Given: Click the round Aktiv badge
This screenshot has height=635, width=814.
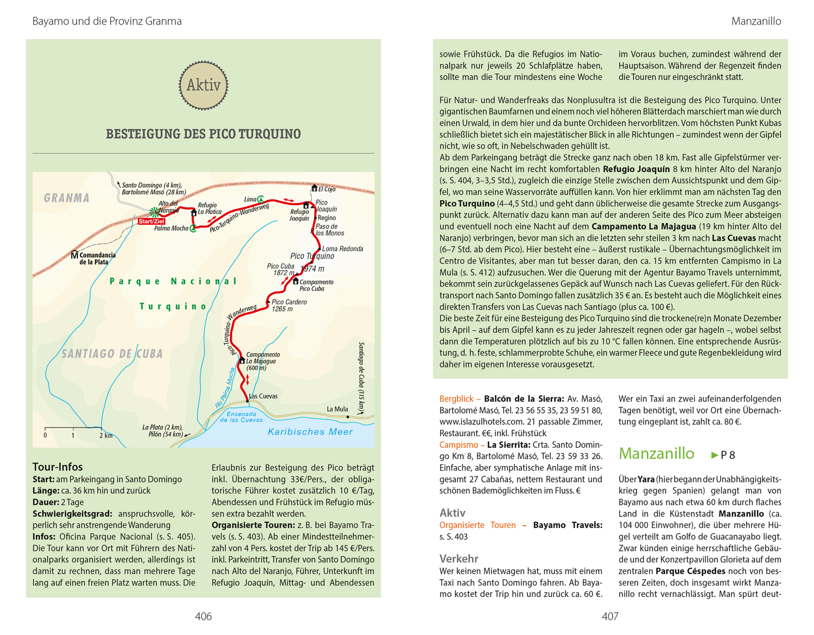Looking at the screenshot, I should [x=203, y=85].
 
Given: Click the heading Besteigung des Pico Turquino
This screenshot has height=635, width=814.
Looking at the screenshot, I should [x=203, y=134].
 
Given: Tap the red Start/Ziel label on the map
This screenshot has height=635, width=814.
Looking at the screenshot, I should [x=151, y=221].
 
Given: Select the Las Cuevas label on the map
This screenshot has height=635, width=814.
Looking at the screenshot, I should [x=263, y=396].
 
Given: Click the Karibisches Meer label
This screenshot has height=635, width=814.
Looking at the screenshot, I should [x=310, y=432].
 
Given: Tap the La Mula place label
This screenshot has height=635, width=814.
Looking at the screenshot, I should [x=337, y=409].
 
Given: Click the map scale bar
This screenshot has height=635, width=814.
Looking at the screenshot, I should [x=73, y=429].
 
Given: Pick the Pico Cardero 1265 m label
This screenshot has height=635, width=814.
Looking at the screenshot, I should [x=289, y=306].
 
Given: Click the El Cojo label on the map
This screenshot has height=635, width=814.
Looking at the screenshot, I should [x=327, y=189].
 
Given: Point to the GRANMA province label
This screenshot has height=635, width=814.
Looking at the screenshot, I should [x=67, y=198].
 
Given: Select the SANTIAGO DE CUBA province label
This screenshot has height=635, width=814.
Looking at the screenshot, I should [x=112, y=354].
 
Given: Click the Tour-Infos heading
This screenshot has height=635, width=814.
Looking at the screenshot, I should [x=58, y=467].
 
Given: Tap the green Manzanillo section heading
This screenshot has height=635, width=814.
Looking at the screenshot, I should [x=656, y=453].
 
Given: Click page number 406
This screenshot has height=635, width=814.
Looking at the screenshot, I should [x=203, y=616].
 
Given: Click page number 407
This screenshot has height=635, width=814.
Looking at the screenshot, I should [x=610, y=616].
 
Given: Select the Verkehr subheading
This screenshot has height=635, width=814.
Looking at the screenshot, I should [x=459, y=558].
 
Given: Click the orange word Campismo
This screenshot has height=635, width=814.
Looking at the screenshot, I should [x=459, y=444].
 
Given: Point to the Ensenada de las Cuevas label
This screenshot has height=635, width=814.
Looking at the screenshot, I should [x=241, y=417].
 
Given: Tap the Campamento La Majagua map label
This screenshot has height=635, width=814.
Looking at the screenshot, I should [x=262, y=361].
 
